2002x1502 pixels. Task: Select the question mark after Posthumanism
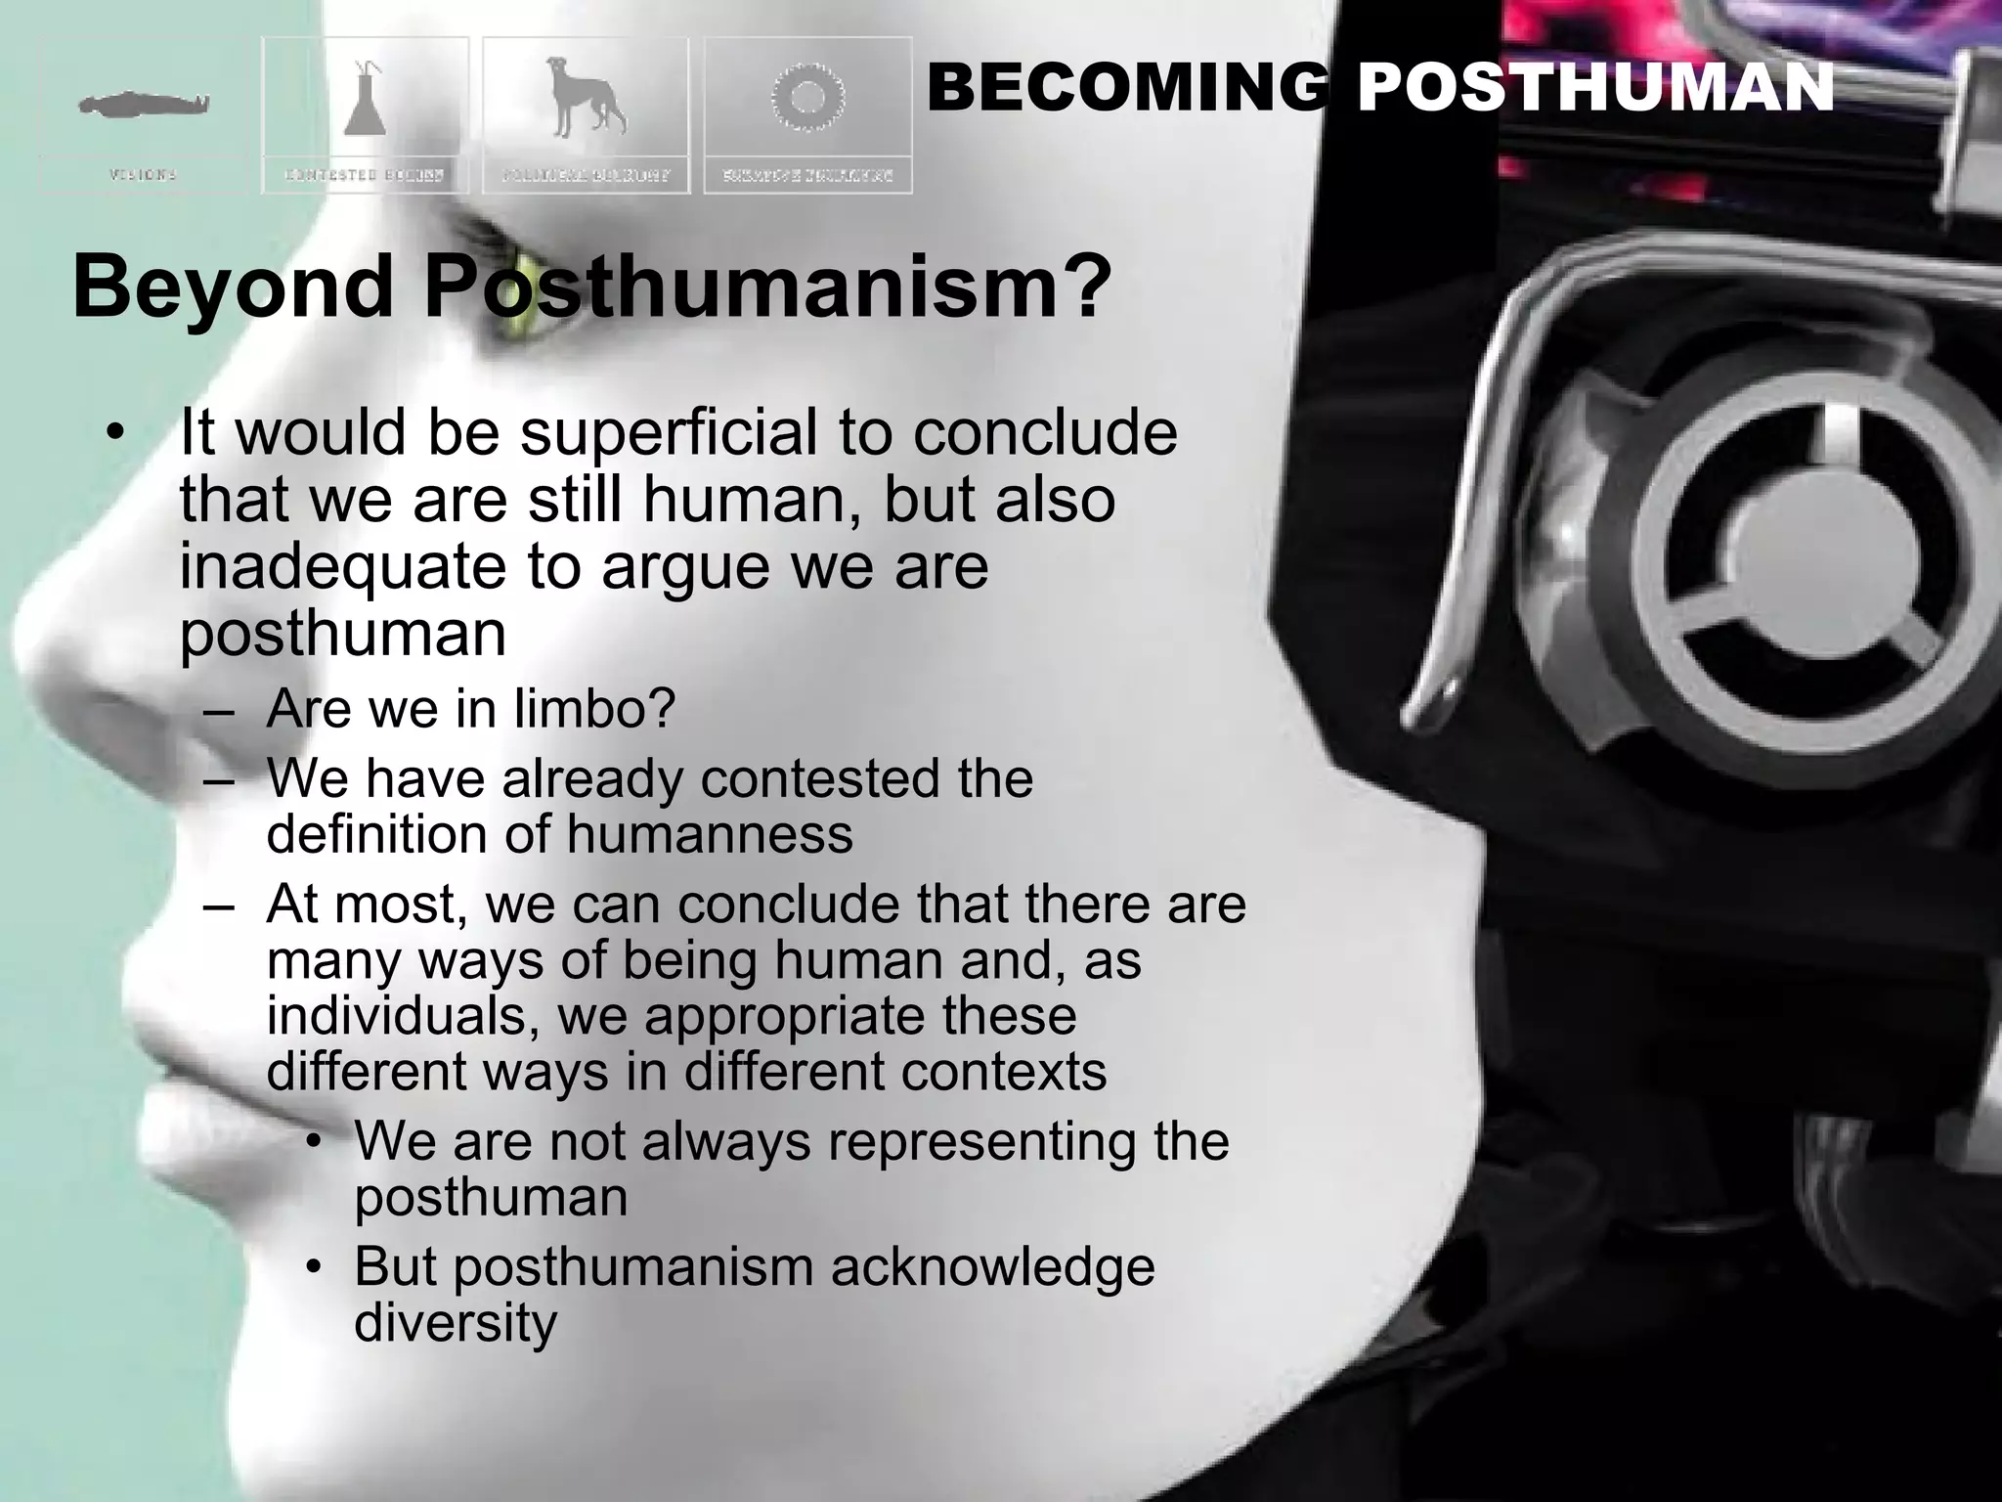[1087, 286]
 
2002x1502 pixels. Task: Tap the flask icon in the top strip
[366, 98]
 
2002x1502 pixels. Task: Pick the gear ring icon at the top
[806, 97]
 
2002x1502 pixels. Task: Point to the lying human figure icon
[144, 103]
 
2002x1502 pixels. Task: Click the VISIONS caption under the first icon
[143, 175]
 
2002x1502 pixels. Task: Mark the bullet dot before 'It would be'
[116, 432]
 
